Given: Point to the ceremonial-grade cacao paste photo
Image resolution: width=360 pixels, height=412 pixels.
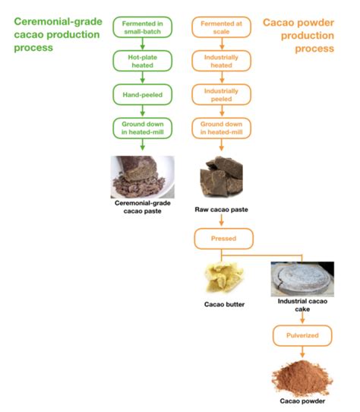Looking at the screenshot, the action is pyautogui.click(x=142, y=177).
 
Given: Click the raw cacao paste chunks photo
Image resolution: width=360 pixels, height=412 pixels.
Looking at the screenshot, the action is pyautogui.click(x=221, y=176).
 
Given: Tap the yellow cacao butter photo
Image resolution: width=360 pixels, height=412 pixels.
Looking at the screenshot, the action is pyautogui.click(x=224, y=277).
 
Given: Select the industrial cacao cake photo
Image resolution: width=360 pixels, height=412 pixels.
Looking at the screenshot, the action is pyautogui.click(x=302, y=279).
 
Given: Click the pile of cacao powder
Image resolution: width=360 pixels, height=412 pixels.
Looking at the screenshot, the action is pyautogui.click(x=302, y=378).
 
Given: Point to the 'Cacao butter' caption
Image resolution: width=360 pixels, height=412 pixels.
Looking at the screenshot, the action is pyautogui.click(x=224, y=304).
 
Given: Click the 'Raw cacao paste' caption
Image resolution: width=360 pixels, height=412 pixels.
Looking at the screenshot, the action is pyautogui.click(x=221, y=209).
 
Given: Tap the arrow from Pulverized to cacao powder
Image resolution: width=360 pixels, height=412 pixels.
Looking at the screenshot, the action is pyautogui.click(x=302, y=352).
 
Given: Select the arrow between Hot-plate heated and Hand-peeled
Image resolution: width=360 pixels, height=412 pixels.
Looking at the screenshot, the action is pyautogui.click(x=142, y=78).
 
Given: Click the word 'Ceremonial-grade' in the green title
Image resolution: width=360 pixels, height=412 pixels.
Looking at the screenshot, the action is pyautogui.click(x=58, y=21).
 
